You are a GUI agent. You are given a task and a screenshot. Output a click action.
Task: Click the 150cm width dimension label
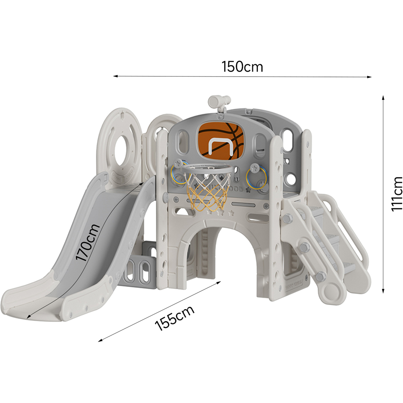point(242,67)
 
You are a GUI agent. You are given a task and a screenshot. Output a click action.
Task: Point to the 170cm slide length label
point(87,242)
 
